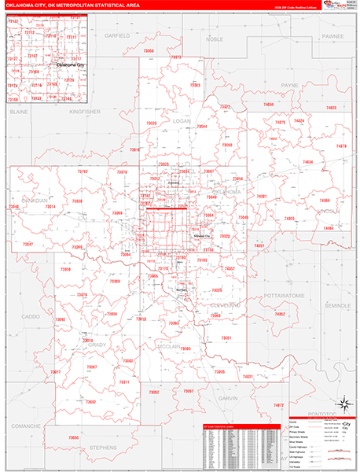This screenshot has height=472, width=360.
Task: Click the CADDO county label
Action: [30, 316]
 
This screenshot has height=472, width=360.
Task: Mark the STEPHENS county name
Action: [103, 446]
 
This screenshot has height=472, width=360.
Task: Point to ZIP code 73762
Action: [83, 171]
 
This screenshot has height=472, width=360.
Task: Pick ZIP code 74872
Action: [278, 405]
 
